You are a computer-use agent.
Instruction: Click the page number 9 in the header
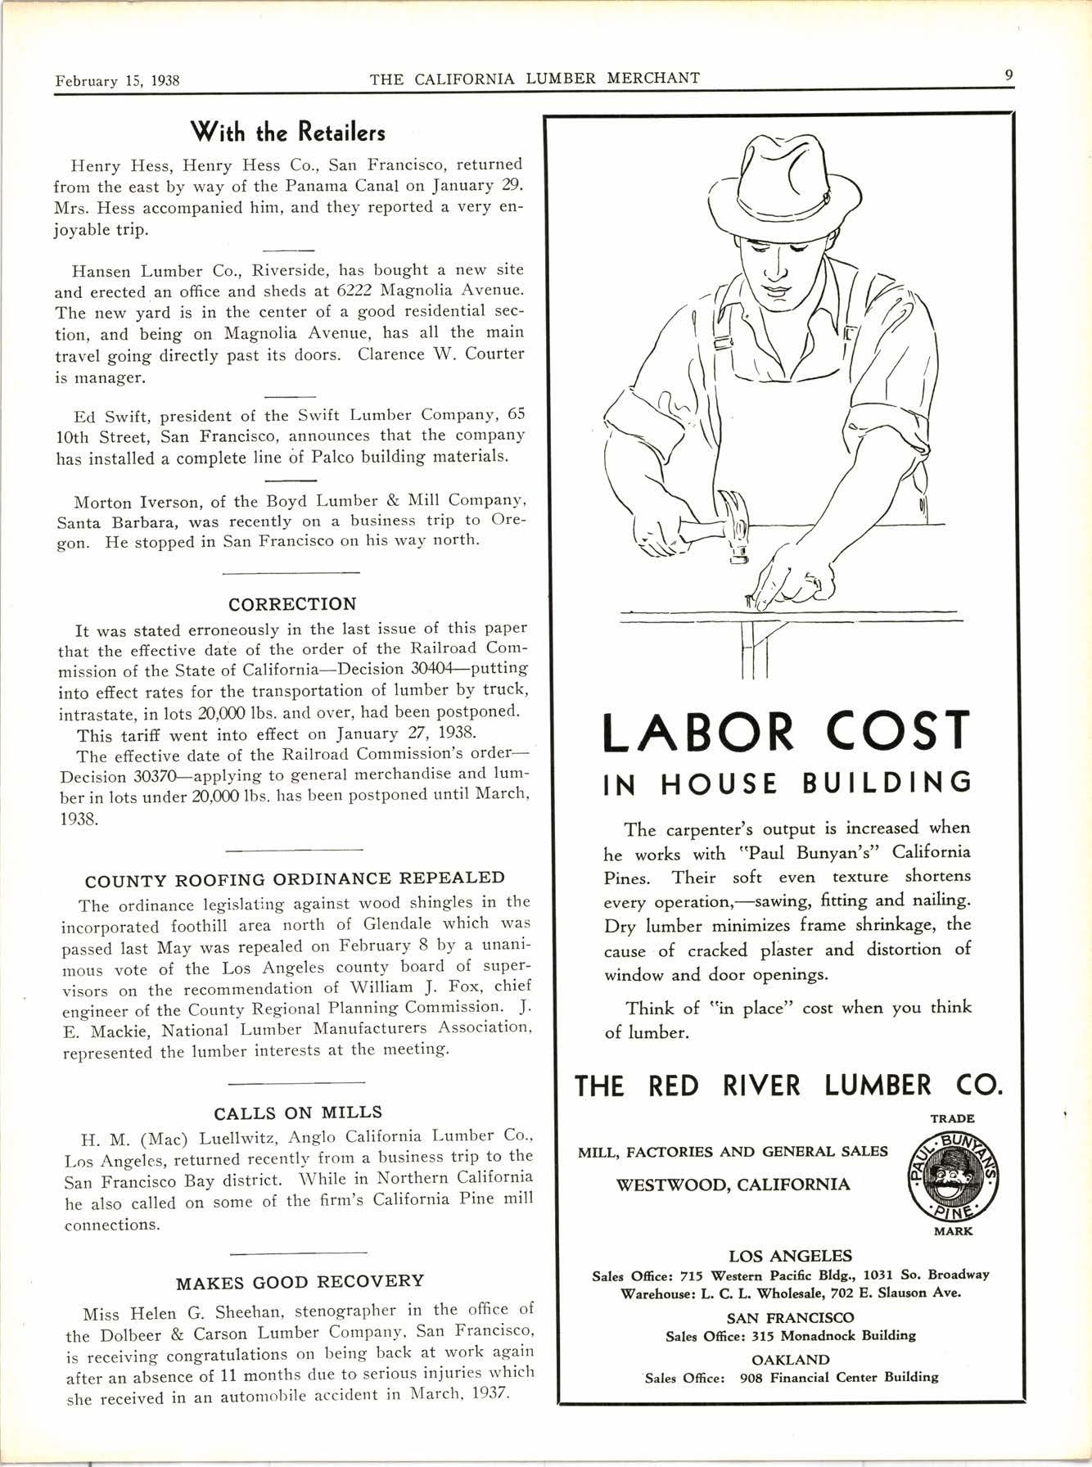pos(1009,75)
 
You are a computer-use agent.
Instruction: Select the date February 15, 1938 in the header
pos(117,81)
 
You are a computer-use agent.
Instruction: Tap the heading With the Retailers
pos(287,132)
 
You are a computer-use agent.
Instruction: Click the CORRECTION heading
pos(292,604)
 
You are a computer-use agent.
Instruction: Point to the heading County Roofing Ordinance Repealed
pos(295,878)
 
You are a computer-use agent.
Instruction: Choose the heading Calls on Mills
pos(298,1113)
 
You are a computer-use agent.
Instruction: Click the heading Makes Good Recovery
pos(300,1281)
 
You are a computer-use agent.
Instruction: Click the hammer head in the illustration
pos(737,524)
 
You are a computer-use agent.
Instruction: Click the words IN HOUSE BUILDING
pos(787,783)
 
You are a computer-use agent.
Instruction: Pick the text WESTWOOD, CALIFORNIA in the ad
pos(733,1185)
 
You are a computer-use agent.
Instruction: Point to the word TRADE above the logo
pos(952,1117)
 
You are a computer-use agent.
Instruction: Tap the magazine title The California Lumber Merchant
pos(535,79)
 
